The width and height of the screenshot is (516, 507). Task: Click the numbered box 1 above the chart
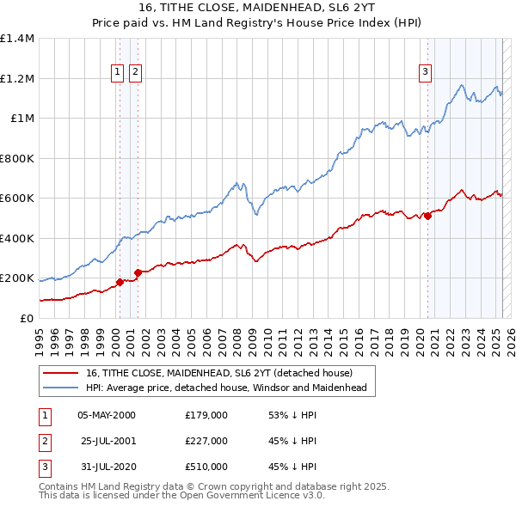(116, 73)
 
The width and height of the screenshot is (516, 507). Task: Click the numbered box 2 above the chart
(135, 73)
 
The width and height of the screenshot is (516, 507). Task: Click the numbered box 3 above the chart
(425, 73)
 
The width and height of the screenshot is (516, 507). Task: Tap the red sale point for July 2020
(427, 217)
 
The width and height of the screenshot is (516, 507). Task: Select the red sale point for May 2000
(120, 282)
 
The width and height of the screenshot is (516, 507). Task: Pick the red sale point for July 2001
(138, 272)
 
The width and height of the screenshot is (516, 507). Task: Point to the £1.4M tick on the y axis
(17, 39)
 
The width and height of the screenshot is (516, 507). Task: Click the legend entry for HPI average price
(226, 388)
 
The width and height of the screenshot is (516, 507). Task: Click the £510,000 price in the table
(206, 467)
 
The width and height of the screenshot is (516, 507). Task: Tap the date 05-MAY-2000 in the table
(107, 415)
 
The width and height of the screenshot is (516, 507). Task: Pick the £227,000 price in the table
(206, 441)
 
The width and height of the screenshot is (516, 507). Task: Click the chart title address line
(257, 9)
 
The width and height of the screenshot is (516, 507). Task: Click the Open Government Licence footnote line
(181, 497)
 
